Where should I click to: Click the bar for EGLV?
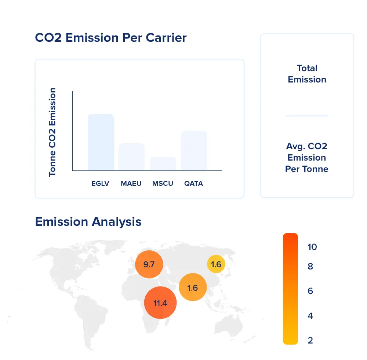[101, 142]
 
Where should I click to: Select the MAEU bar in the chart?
[131, 157]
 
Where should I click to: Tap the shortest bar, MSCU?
[163, 164]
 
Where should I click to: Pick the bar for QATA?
[194, 151]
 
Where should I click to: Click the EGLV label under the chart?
[101, 183]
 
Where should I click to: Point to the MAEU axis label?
[131, 183]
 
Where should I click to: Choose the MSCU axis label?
[163, 183]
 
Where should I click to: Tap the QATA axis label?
[193, 183]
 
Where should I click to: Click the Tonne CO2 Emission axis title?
[52, 132]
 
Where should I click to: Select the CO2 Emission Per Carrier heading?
[110, 38]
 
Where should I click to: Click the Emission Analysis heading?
[88, 222]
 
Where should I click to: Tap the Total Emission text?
[307, 74]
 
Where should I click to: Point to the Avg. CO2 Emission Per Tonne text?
[307, 158]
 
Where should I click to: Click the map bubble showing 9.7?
[149, 264]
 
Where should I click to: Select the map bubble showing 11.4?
[160, 303]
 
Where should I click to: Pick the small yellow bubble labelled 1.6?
[216, 264]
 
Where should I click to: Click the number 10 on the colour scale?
[312, 247]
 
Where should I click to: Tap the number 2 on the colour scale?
[310, 340]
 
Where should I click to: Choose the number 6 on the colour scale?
[310, 291]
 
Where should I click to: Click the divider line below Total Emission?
[307, 116]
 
